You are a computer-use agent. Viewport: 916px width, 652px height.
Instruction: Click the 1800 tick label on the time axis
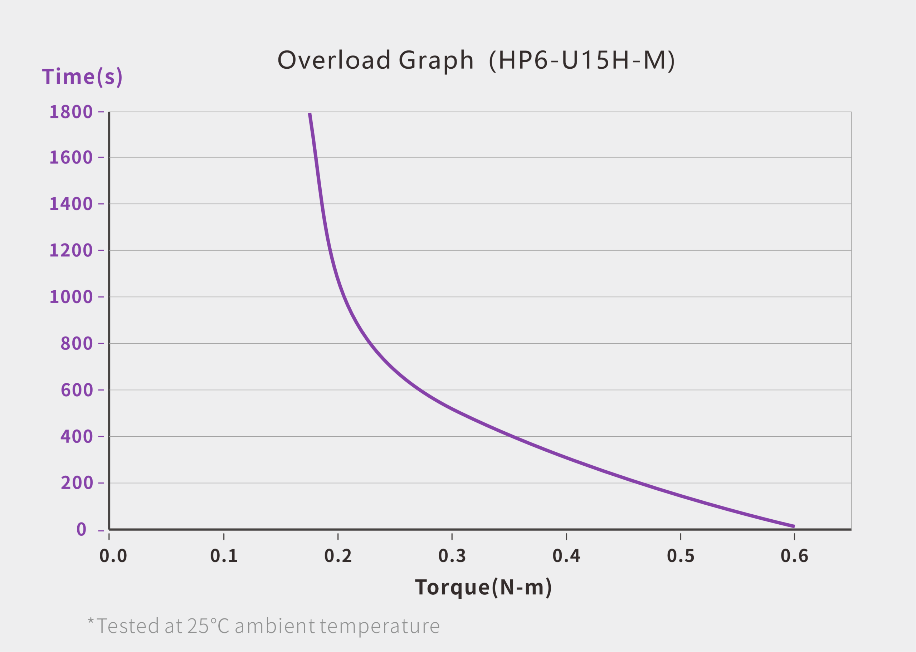[x=71, y=112]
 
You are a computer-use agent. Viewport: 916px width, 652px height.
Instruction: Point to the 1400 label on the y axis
[x=71, y=204]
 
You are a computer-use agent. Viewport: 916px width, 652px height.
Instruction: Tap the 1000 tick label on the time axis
[x=71, y=297]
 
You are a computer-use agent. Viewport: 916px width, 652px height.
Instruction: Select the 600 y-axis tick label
[x=77, y=390]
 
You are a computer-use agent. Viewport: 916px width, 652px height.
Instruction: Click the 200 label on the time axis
[x=77, y=482]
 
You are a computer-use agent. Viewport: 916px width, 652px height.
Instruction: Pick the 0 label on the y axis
[x=82, y=529]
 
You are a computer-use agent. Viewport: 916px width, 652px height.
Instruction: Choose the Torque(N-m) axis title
[x=483, y=588]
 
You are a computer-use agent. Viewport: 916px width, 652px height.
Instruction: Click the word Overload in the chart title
[x=334, y=60]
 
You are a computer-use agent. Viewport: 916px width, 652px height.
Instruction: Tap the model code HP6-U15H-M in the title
[x=582, y=60]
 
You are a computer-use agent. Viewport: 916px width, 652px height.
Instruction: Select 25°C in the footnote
[x=208, y=626]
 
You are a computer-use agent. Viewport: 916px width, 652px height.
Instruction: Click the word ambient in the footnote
[x=275, y=626]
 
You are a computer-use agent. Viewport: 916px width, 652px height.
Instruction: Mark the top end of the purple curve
[x=310, y=114]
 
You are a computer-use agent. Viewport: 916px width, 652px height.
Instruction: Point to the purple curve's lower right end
[x=794, y=526]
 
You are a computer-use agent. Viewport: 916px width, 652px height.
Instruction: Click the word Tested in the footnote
[x=128, y=626]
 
